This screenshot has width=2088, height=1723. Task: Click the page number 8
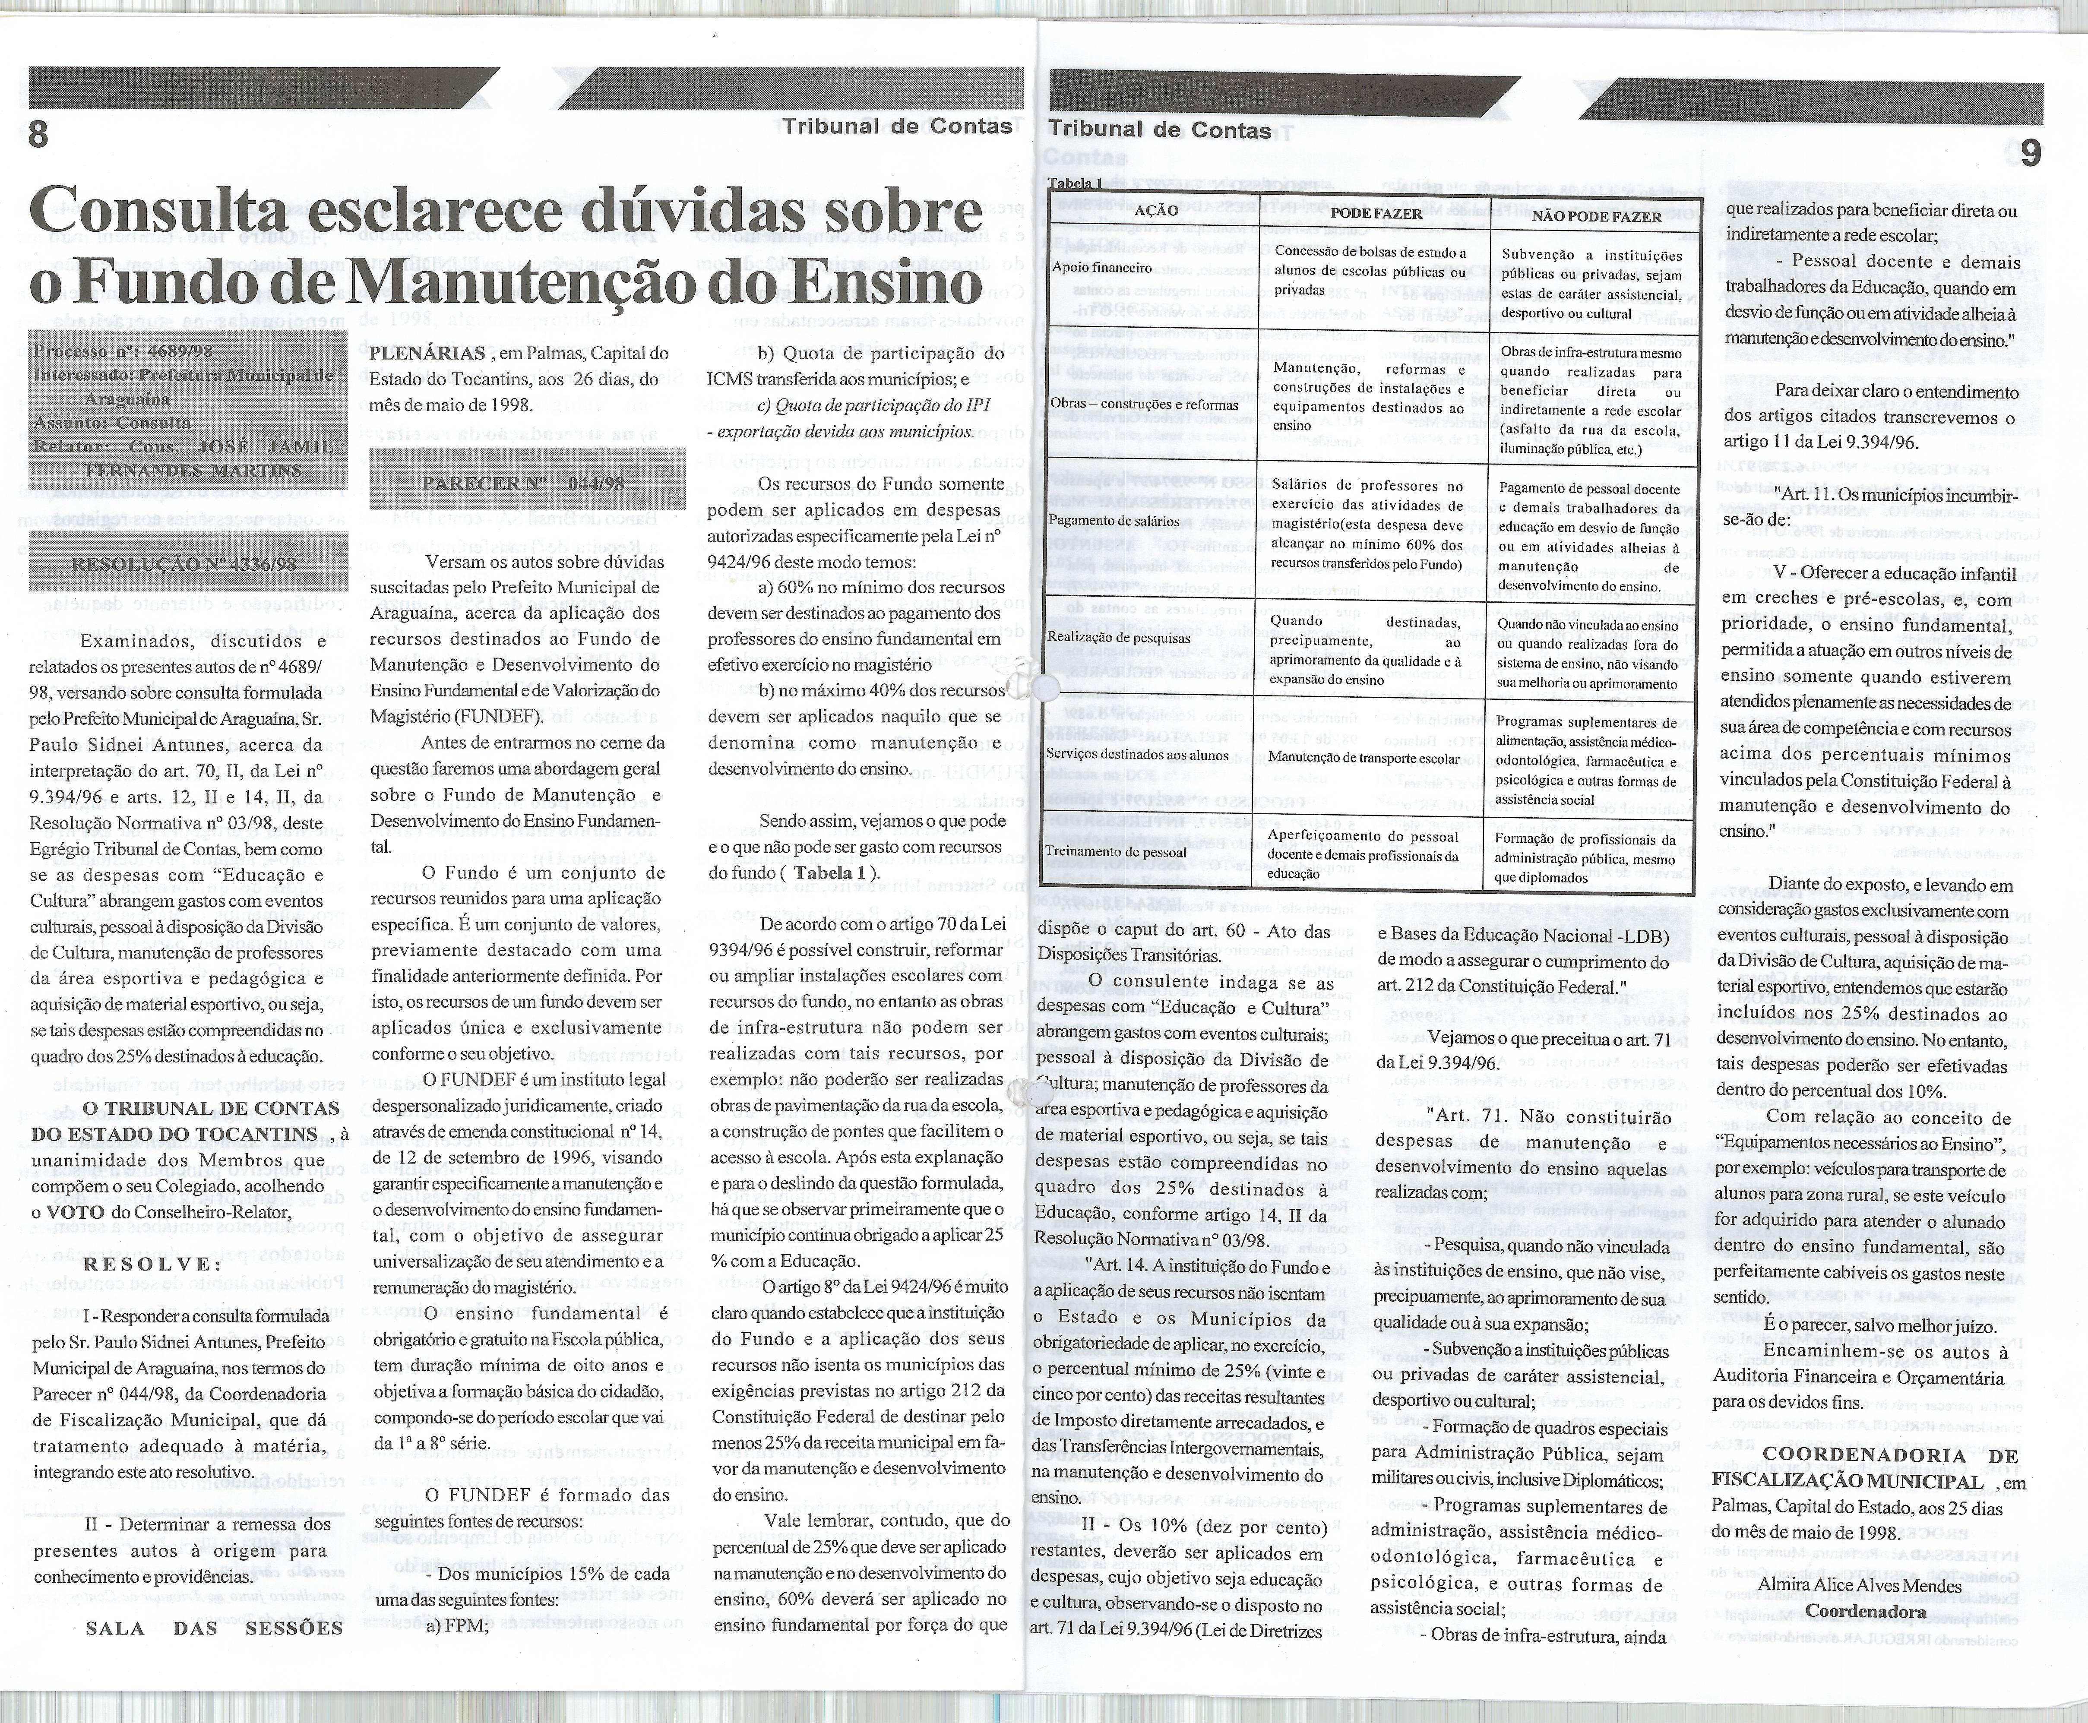(x=38, y=133)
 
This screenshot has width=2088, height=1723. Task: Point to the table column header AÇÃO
(x=1156, y=210)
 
